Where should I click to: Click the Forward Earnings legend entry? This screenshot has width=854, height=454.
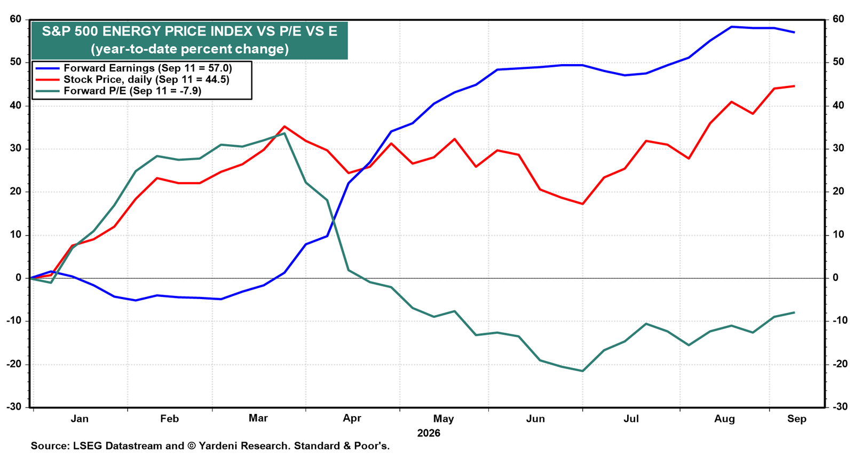(133, 68)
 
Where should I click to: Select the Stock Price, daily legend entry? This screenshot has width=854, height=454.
(132, 80)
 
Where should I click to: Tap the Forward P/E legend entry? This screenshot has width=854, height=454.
(118, 91)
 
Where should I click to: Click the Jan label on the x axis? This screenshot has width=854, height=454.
(80, 419)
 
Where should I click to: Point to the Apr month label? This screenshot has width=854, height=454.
(352, 419)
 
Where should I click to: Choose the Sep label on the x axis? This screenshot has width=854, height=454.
(797, 419)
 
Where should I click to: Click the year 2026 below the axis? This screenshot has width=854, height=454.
(429, 433)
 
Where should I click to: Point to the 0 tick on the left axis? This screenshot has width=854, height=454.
(19, 278)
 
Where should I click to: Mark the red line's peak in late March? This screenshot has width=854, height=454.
(284, 126)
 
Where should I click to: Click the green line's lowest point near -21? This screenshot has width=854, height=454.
(582, 371)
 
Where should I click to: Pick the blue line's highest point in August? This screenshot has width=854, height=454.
(731, 27)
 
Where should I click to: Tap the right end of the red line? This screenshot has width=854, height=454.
(794, 86)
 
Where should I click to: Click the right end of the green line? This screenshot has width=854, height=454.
(794, 312)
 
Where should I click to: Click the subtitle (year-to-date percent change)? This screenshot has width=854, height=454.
(189, 49)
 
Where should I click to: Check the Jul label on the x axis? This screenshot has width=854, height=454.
(631, 419)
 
